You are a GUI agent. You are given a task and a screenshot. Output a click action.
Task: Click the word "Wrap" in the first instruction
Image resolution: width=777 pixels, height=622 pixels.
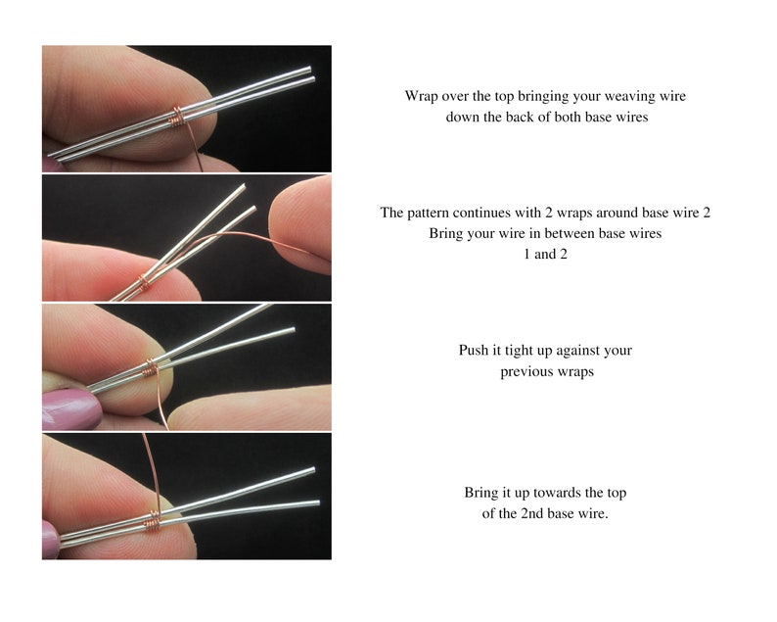pyautogui.click(x=422, y=96)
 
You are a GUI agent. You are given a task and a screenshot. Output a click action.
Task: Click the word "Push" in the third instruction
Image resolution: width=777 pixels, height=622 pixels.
pyautogui.click(x=475, y=351)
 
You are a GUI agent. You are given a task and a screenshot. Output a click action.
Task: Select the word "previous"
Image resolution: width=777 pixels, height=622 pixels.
pyautogui.click(x=526, y=372)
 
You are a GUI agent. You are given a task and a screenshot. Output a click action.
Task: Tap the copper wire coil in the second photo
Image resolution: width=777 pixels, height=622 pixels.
pyautogui.click(x=143, y=283)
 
